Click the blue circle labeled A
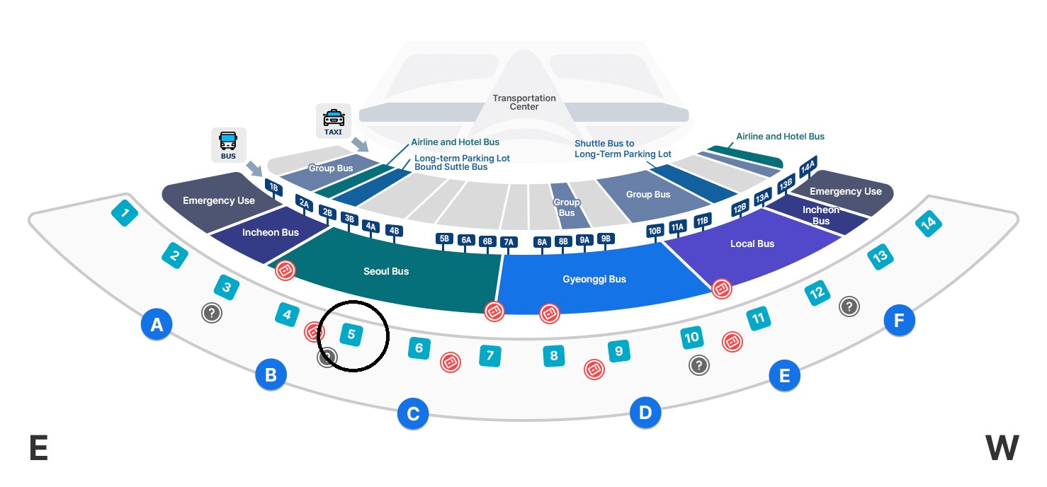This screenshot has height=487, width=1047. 157,325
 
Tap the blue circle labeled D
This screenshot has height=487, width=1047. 645,412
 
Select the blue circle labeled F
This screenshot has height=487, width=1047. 899,321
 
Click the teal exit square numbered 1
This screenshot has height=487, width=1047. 125,213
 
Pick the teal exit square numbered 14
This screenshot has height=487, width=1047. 928,224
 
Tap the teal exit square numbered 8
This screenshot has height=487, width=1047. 554,355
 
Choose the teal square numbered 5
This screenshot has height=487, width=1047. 351,334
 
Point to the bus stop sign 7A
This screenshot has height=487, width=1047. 508,242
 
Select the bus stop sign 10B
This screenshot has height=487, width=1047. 655,230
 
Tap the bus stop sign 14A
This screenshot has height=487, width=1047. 808,167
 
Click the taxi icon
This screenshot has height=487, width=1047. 333,118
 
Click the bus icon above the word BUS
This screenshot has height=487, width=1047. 228,140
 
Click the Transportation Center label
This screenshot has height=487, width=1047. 524,103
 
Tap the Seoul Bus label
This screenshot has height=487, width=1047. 386,271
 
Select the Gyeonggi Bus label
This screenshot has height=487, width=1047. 594,279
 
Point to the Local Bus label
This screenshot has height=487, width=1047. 752,243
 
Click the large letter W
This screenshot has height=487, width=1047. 1002,448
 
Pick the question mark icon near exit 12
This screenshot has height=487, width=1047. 849,306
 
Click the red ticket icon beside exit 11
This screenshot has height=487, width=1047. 732,342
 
